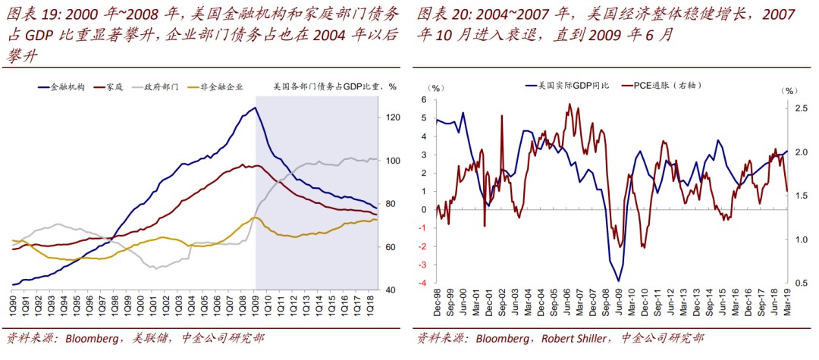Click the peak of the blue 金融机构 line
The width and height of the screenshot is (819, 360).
[x=255, y=108]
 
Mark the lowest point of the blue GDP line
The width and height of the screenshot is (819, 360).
[x=619, y=281]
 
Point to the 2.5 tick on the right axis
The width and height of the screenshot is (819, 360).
[x=795, y=109]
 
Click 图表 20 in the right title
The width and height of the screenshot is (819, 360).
[x=436, y=14]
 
